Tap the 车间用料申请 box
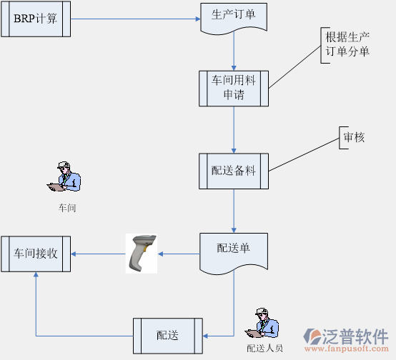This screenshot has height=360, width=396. (234, 88)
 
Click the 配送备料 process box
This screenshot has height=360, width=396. (234, 171)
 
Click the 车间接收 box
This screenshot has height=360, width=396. (36, 254)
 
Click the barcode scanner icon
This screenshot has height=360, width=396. (142, 253)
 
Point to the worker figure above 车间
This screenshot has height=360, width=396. (66, 177)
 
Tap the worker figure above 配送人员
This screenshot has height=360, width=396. (264, 325)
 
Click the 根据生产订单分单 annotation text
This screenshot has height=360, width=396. (347, 44)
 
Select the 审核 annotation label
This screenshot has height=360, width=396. (355, 137)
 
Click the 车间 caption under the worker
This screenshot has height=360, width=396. (67, 209)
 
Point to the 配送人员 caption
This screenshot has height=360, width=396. (264, 349)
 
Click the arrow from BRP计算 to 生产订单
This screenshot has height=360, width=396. (136, 19)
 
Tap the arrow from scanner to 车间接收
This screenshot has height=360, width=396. (99, 254)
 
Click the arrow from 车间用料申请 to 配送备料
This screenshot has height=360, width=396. (234, 130)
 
